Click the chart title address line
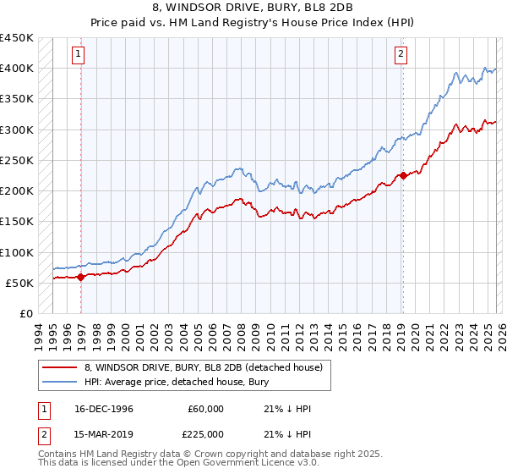click(x=253, y=8)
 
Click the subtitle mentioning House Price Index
click(x=253, y=22)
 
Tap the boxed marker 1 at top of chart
click(x=78, y=55)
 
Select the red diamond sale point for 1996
click(x=81, y=276)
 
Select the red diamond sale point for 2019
click(x=403, y=176)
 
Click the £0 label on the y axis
click(x=25, y=313)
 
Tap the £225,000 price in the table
click(x=206, y=434)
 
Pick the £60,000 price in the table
click(x=206, y=409)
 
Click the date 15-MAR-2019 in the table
click(x=104, y=434)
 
